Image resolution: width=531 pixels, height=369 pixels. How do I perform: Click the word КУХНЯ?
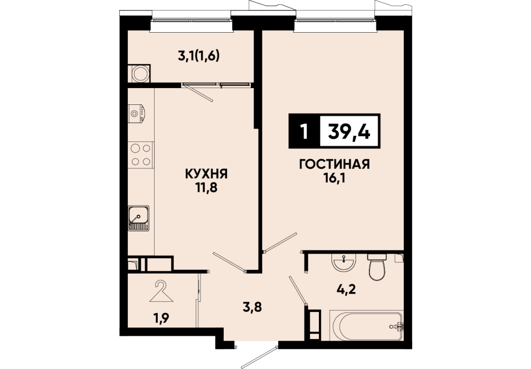pyautogui.click(x=206, y=174)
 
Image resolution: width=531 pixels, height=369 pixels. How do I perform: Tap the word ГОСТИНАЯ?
pyautogui.click(x=334, y=164)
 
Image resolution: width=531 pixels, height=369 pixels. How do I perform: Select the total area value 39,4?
pyautogui.click(x=349, y=131)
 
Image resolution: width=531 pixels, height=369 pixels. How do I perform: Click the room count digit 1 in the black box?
pyautogui.click(x=304, y=132)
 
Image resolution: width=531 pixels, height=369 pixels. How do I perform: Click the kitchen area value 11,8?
pyautogui.click(x=206, y=187)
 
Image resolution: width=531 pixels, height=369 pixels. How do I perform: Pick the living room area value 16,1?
pyautogui.click(x=334, y=178)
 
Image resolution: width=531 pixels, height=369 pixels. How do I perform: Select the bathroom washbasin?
pyautogui.click(x=344, y=263)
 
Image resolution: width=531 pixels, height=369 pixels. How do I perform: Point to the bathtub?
pyautogui.click(x=367, y=326)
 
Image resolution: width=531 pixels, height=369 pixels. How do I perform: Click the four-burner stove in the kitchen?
pyautogui.click(x=141, y=154)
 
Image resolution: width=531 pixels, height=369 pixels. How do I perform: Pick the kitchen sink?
pyautogui.click(x=138, y=218)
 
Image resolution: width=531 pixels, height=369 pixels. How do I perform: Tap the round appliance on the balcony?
pyautogui.click(x=140, y=73)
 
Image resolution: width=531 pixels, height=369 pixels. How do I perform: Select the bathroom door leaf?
pyautogui.click(x=298, y=290)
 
